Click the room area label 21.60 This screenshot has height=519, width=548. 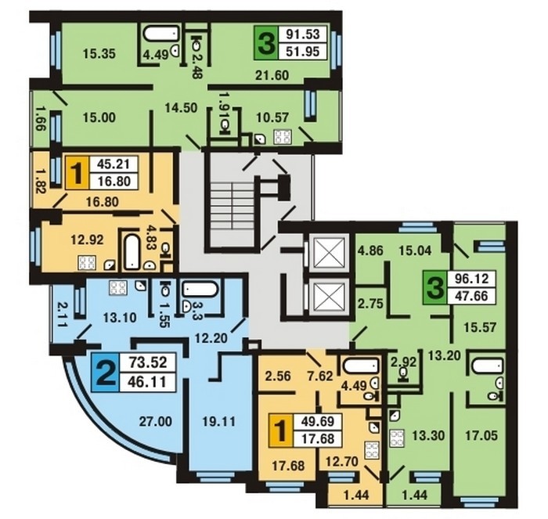[x=272, y=75]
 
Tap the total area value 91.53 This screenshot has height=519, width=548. [x=303, y=34]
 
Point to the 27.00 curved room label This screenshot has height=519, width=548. [x=156, y=421]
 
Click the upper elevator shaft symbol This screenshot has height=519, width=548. [x=330, y=254]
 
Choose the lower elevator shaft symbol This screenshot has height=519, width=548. [x=330, y=297]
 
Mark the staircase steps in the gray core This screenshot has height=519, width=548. [x=233, y=213]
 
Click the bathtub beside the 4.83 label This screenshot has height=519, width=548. [x=132, y=251]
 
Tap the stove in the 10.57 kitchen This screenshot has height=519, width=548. [x=283, y=137]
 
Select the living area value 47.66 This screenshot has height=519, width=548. [x=470, y=296]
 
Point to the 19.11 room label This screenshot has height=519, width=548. [x=219, y=421]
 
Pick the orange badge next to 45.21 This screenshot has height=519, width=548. [x=77, y=173]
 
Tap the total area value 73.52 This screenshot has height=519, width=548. [x=148, y=362]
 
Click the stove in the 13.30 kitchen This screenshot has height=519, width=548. [x=397, y=438]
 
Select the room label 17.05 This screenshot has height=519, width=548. [x=481, y=435]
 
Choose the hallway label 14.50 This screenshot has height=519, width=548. [x=182, y=108]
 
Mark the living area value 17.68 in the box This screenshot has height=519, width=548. [x=317, y=438]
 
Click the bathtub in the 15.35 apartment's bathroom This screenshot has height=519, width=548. [x=161, y=34]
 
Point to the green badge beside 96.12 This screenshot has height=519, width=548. [x=436, y=287]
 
